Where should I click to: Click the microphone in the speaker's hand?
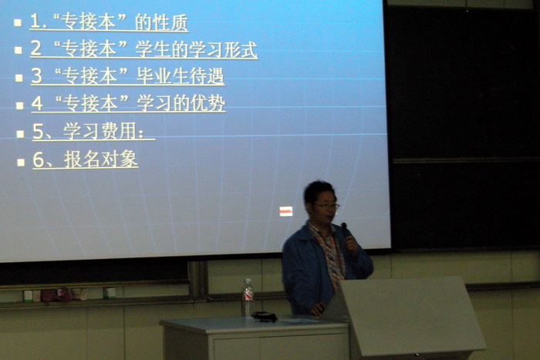tap(345, 229)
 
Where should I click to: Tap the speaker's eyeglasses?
tap(326, 206)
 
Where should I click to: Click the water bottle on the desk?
tap(248, 298)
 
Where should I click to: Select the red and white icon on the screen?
tap(286, 211)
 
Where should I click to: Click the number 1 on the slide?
tap(35, 22)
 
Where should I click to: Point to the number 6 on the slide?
tap(38, 160)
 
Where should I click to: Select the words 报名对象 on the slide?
tap(101, 159)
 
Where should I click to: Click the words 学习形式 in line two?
tap(214, 49)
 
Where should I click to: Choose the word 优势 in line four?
tap(208, 103)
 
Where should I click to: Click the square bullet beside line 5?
tap(20, 133)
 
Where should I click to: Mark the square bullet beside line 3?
tap(19, 78)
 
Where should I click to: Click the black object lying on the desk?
tap(264, 316)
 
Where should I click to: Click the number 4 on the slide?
tap(37, 103)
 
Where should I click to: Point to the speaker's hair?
tap(319, 191)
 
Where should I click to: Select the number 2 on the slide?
tap(35, 49)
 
